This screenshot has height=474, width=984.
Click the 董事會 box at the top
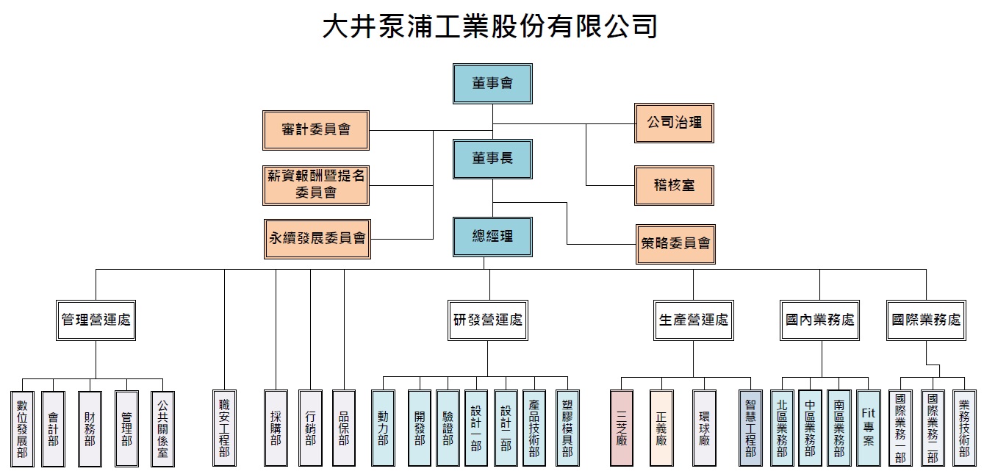pos(492,84)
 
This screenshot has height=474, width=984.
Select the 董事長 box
pos(492,159)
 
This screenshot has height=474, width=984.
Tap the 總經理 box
pos(492,237)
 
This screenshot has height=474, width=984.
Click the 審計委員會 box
pos(316,130)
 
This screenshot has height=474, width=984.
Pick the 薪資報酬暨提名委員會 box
pos(316,185)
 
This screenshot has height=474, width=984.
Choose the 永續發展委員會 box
pos(317,239)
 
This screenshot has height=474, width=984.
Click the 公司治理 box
pos(674,123)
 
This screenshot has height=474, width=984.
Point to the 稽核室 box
pos(674,185)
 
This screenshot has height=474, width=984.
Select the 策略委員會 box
pos(675,244)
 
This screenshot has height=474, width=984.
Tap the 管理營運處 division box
pos(96,320)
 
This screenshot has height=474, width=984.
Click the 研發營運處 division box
pos(488,320)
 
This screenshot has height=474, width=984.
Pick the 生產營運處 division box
pos(694,320)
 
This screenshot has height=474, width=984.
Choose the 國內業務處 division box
pos(819,320)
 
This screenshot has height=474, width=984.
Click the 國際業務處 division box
pos(926,320)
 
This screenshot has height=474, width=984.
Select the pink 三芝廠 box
pos(622,428)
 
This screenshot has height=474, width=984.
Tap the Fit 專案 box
pos(869,428)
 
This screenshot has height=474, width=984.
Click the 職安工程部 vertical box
pos(224,428)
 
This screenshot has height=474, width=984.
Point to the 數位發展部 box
pos(22,428)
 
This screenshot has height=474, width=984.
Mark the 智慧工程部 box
pos(750,428)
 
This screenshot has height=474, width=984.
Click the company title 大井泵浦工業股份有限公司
pos(490,26)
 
